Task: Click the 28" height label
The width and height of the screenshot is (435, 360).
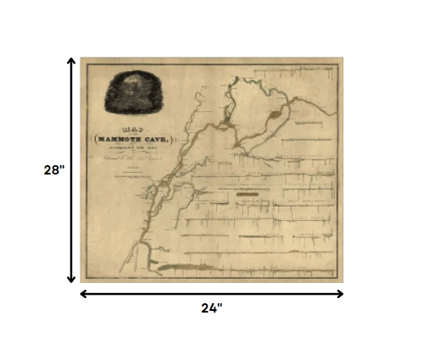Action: pyautogui.click(x=54, y=169)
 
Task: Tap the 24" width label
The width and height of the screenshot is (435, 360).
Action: pyautogui.click(x=211, y=308)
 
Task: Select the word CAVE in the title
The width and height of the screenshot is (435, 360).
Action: pyautogui.click(x=156, y=138)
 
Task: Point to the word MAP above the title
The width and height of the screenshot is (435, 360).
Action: pyautogui.click(x=133, y=129)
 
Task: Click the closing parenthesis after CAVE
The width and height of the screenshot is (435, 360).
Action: pyautogui.click(x=175, y=138)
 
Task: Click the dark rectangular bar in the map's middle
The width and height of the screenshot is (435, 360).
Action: pyautogui.click(x=247, y=194)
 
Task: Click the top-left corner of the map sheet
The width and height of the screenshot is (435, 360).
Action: pyautogui.click(x=81, y=58)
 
